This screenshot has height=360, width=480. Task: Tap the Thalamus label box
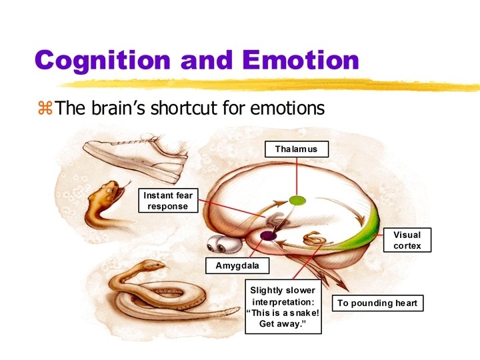point(296,149)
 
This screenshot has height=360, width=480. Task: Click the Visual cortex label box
point(407,240)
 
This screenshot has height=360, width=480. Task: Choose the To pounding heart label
point(377,303)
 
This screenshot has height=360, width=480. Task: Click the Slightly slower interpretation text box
point(283,308)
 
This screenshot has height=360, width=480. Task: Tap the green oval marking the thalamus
point(297,199)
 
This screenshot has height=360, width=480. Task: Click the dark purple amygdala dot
point(268,235)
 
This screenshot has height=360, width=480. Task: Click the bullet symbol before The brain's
point(45,107)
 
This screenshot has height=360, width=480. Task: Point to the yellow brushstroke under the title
point(267,83)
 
